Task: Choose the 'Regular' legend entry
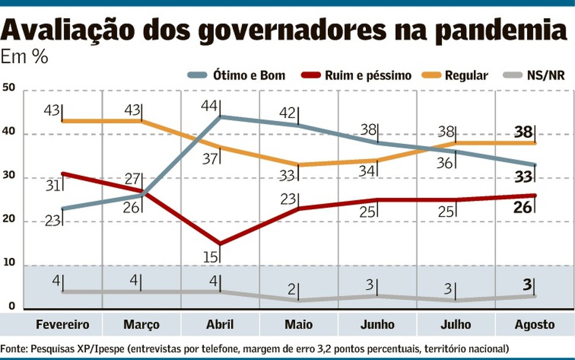466,75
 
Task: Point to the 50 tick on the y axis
9,88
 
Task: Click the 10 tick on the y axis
9,263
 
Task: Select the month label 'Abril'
220,324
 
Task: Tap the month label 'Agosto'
535,324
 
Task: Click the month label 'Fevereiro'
62,324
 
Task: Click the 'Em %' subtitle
25,58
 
